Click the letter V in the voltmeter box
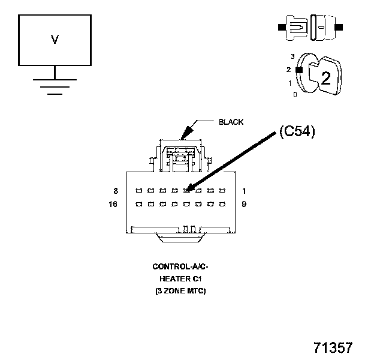point(55,40)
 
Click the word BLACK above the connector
point(231,122)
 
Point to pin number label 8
point(115,191)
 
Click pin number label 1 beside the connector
point(245,191)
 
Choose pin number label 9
point(245,205)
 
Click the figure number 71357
point(333,348)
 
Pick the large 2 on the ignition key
point(325,77)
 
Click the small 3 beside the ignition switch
point(292,56)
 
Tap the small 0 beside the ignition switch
point(294,95)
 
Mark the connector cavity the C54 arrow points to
point(186,191)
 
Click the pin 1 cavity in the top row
point(222,191)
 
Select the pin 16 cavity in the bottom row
point(138,205)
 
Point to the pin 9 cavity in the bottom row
point(222,205)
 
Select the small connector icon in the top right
point(310,27)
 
